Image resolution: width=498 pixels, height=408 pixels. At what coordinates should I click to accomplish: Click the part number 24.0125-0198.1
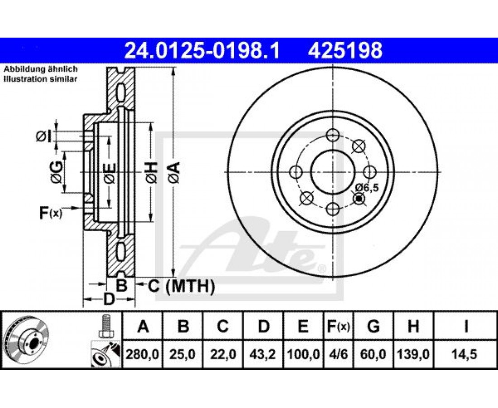(202, 50)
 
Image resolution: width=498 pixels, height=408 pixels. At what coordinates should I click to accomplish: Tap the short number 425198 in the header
(345, 50)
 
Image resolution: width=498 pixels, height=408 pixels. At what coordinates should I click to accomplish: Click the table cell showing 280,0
(142, 354)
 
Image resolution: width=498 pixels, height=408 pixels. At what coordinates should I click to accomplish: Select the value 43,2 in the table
(263, 354)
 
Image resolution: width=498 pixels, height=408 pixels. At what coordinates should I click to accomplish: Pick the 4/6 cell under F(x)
(338, 354)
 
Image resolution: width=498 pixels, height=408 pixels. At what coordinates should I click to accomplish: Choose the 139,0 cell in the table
(413, 354)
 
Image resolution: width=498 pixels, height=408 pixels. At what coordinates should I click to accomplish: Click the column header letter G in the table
(373, 326)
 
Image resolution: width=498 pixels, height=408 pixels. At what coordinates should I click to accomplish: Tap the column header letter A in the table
(143, 326)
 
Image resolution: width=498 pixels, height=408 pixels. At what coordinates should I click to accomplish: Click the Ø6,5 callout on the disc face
(367, 188)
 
